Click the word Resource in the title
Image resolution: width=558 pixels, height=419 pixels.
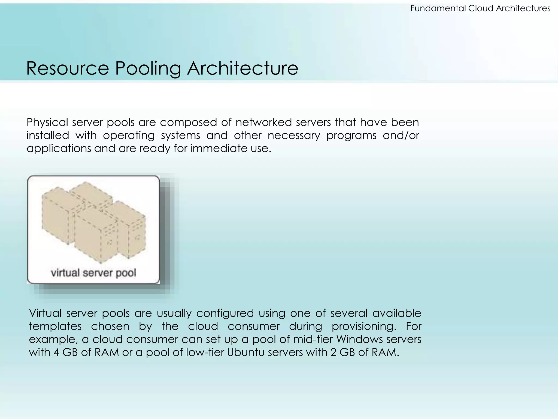[68, 68]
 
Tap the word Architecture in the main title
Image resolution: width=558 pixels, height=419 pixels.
[242, 68]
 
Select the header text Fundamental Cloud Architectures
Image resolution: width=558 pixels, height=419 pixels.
[480, 8]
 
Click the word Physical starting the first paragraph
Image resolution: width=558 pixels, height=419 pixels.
[47, 122]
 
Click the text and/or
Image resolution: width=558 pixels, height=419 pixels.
[401, 135]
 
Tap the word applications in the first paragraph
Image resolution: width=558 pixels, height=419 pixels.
[59, 149]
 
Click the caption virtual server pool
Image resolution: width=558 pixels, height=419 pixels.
[93, 273]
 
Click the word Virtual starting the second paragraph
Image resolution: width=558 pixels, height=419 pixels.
[45, 313]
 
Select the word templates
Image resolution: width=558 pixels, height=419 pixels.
[55, 326]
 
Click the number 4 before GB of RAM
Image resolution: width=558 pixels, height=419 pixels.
[56, 352]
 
